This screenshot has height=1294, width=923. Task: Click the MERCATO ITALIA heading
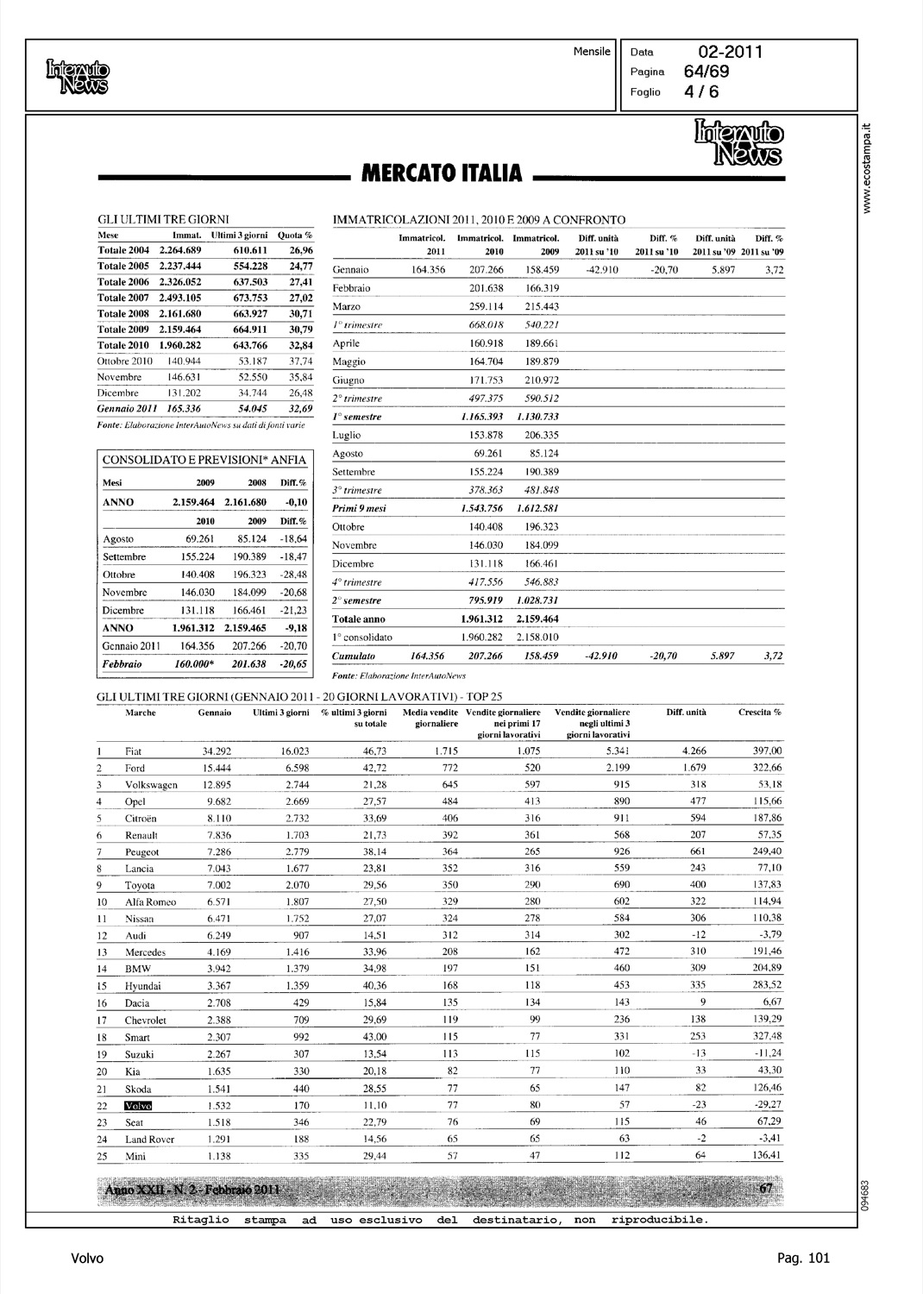click(x=441, y=173)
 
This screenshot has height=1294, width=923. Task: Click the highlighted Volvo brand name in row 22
click(x=138, y=1105)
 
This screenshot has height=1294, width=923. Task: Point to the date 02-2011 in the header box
click(x=725, y=52)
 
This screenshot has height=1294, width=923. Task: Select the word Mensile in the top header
click(x=592, y=52)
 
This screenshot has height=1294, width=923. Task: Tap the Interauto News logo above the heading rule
click(x=738, y=142)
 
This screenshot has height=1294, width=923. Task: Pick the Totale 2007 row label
click(x=123, y=298)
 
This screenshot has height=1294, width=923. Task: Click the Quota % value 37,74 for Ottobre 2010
click(x=298, y=361)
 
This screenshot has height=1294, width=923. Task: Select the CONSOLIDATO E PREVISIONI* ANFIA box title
click(x=204, y=460)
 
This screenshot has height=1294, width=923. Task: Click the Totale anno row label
click(x=359, y=619)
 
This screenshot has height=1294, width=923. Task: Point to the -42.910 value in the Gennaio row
click(x=600, y=270)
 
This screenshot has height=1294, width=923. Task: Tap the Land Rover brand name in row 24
click(x=149, y=1139)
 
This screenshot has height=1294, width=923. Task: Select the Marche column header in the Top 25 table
click(x=141, y=713)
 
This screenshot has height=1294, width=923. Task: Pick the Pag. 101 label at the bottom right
click(x=802, y=1258)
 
